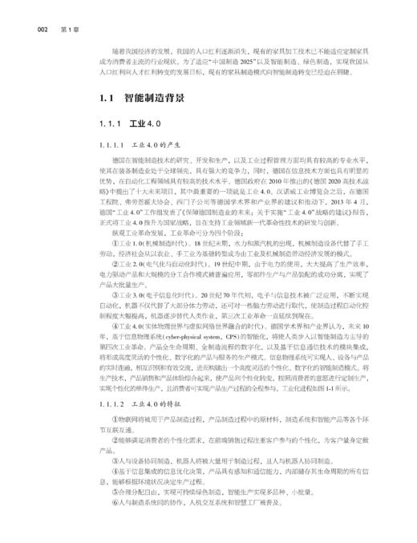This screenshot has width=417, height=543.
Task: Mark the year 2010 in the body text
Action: (x=243, y=181)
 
